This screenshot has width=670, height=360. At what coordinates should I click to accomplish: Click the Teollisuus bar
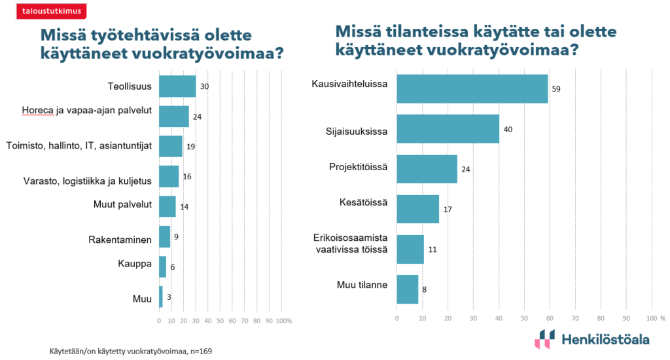pyautogui.click(x=177, y=86)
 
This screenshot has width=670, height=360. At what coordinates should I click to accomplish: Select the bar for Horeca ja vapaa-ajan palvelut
pyautogui.click(x=173, y=116)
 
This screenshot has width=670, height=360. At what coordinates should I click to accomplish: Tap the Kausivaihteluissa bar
pyautogui.click(x=472, y=89)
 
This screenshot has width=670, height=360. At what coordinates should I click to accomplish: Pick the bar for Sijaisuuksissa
pyautogui.click(x=448, y=129)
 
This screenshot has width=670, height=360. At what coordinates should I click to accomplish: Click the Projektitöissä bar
pyautogui.click(x=427, y=169)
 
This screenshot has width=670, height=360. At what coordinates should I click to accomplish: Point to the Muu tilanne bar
pyautogui.click(x=408, y=289)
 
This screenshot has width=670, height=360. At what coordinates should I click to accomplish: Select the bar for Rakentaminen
pyautogui.click(x=164, y=236)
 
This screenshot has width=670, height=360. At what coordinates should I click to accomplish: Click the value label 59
pyautogui.click(x=556, y=89)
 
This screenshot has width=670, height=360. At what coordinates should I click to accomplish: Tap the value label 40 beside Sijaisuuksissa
pyautogui.click(x=508, y=129)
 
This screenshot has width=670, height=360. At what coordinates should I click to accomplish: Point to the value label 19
pyautogui.click(x=191, y=146)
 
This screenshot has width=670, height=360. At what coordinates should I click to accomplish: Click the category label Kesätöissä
pyautogui.click(x=365, y=202)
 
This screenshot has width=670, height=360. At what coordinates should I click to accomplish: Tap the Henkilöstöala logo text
pyautogui.click(x=605, y=339)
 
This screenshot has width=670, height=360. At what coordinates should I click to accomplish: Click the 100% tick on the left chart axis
pyautogui.click(x=283, y=321)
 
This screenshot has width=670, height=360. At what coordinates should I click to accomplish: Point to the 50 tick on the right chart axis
pyautogui.click(x=524, y=318)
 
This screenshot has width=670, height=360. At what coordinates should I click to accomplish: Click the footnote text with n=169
pyautogui.click(x=131, y=351)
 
